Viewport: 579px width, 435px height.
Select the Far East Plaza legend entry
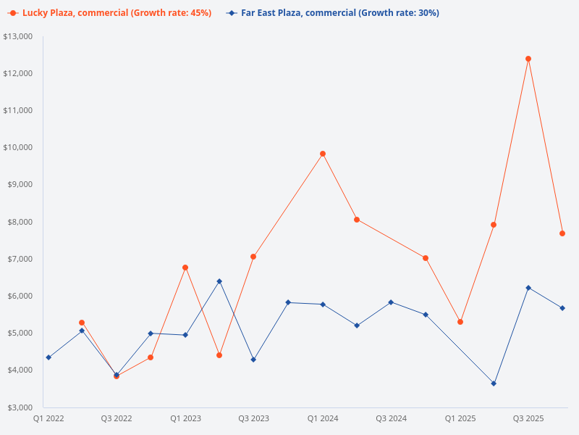[x=333, y=13]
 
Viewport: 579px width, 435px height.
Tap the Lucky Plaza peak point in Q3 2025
[x=528, y=59]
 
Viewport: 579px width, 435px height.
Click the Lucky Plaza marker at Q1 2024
[x=323, y=154]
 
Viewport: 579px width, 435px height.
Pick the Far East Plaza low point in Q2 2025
[x=494, y=384]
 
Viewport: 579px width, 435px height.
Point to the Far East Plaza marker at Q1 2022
[x=48, y=357]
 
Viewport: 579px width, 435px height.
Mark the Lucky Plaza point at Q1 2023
[x=185, y=268]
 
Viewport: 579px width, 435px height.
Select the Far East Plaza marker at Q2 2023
[x=219, y=281]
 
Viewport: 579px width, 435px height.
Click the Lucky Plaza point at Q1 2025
[x=460, y=322]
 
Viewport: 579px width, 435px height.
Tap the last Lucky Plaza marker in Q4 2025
[x=562, y=233]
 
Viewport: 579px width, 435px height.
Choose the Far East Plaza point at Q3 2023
[x=253, y=360]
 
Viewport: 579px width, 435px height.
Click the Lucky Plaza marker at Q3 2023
[x=253, y=257]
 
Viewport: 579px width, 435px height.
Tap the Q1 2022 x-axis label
[x=48, y=418]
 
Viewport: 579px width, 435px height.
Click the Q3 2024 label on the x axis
[x=391, y=418]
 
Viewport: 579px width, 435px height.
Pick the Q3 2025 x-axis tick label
[x=528, y=418]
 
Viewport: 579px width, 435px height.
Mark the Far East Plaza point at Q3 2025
[x=528, y=288]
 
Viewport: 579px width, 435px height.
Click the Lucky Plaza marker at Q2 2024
[x=357, y=220]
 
